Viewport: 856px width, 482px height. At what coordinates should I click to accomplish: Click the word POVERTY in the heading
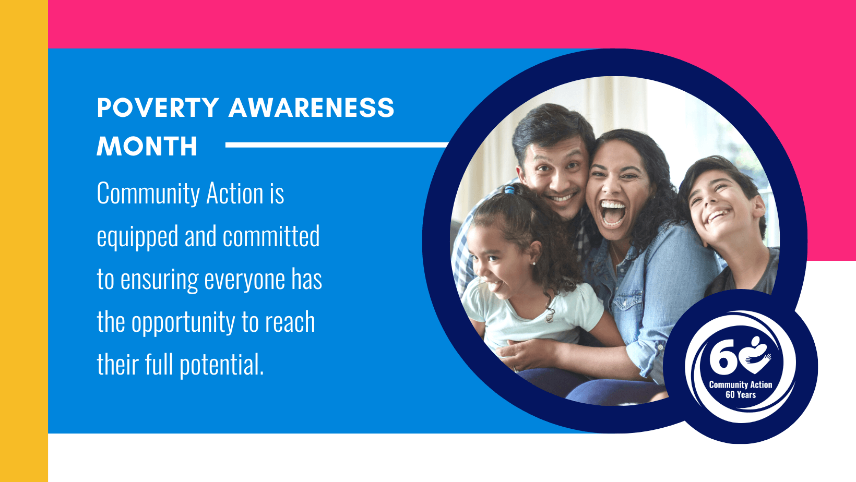click(158, 107)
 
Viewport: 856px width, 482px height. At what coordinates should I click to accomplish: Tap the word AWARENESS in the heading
click(311, 107)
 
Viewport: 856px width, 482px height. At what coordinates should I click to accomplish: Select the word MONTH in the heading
click(147, 146)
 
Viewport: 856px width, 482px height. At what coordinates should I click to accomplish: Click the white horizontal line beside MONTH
click(337, 144)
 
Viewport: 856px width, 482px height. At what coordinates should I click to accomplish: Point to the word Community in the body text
click(148, 194)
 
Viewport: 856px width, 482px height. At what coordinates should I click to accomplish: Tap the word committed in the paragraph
click(271, 236)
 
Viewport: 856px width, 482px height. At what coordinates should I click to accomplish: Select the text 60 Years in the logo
click(741, 395)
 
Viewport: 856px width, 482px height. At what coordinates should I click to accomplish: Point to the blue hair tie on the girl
click(510, 189)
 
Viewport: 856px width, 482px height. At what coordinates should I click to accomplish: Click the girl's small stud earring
click(534, 263)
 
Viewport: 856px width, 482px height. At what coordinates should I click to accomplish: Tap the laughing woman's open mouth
click(613, 214)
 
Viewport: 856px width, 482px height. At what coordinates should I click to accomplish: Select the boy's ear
click(759, 206)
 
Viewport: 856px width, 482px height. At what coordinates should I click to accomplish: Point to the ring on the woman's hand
click(515, 369)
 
